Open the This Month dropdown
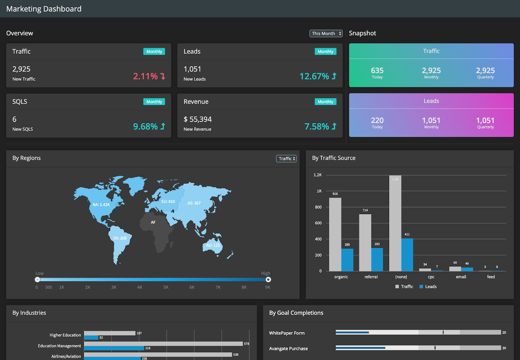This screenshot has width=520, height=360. point(326,33)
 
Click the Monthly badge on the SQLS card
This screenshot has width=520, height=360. point(154,102)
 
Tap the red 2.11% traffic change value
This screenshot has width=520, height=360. point(145,76)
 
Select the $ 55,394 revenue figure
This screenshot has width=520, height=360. point(198,119)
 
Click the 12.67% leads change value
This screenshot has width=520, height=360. point(314,76)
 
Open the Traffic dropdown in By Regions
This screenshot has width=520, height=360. point(286,159)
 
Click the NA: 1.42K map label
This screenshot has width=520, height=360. point(101,205)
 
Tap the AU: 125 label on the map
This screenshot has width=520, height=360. point(213,245)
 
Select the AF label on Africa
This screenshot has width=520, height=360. point(153,222)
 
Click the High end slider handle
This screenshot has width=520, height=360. point(268,280)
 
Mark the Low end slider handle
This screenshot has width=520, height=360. point(37,280)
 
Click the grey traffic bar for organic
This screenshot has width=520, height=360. point(335,234)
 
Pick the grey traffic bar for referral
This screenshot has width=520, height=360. point(365,242)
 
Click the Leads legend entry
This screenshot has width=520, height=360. point(428,287)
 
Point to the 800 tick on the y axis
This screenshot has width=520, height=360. point(318,207)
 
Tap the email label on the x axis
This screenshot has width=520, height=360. point(461,277)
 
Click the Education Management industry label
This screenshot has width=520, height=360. point(59,346)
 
